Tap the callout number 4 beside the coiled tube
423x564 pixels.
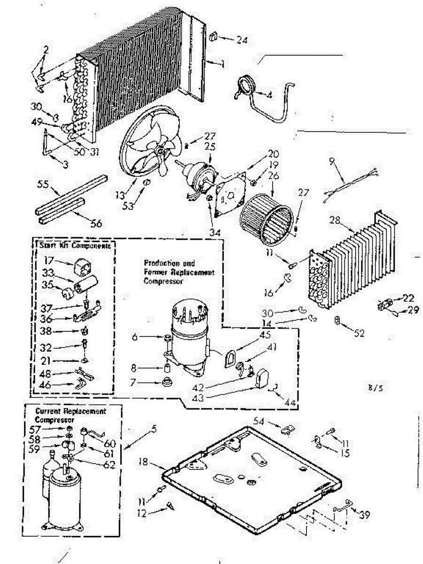point(269,94)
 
